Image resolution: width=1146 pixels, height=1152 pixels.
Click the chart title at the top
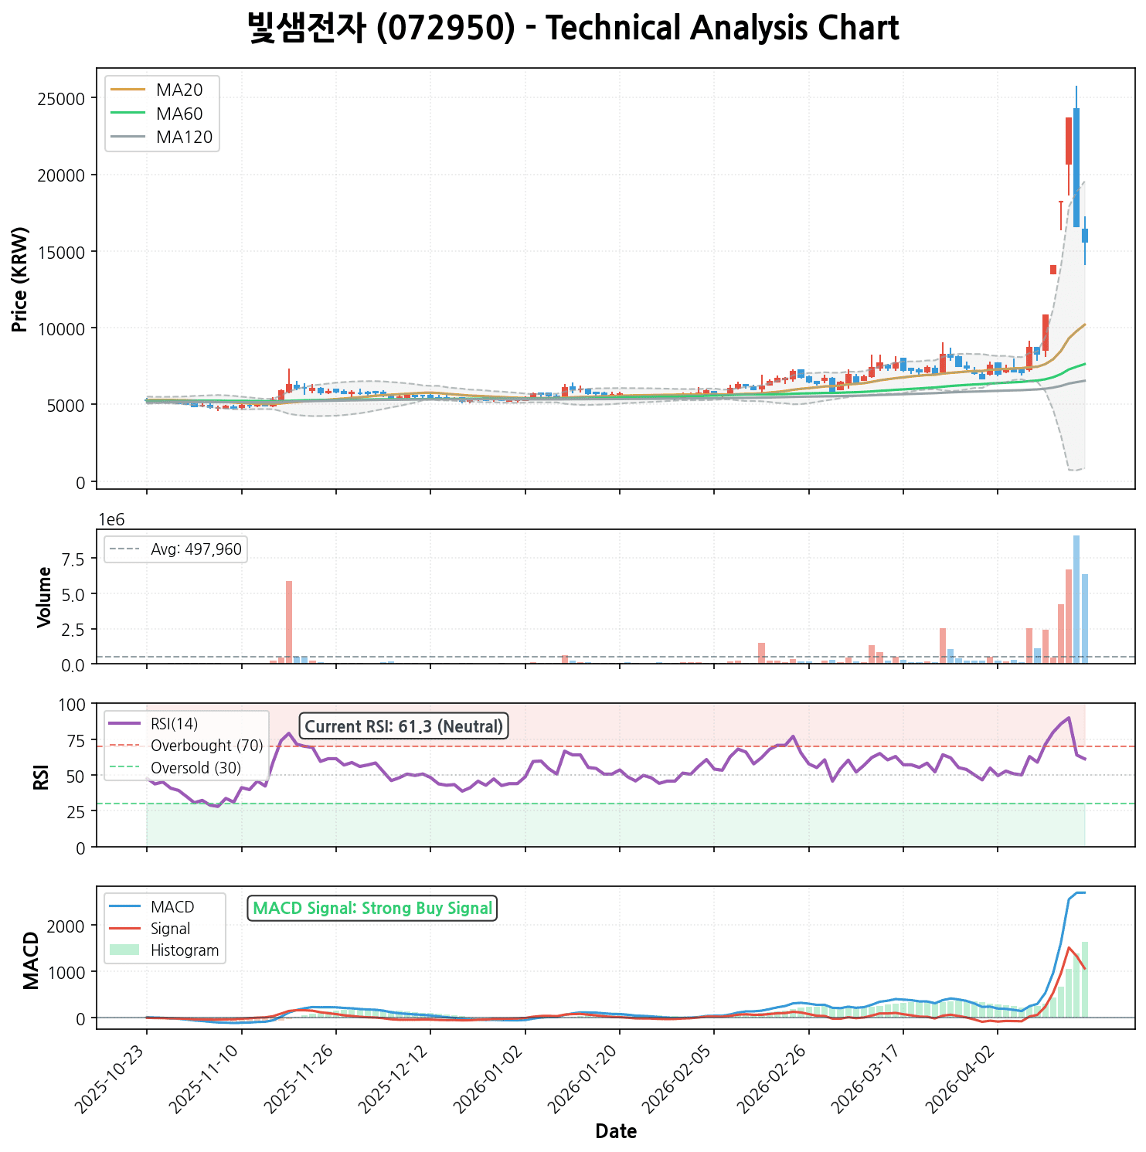tap(573, 29)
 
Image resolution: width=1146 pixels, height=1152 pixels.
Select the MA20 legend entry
tap(179, 90)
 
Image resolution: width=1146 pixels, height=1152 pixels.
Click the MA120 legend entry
tap(184, 138)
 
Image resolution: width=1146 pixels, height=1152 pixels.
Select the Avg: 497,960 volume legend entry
tap(196, 550)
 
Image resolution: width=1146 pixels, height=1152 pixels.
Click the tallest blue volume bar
tap(1076, 599)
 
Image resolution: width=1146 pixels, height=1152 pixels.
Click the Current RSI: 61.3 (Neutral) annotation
tap(403, 726)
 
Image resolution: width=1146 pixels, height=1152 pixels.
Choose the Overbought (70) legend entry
tap(206, 746)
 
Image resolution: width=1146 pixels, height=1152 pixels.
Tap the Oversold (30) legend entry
tap(196, 768)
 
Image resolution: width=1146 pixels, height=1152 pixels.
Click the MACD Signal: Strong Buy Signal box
tap(372, 909)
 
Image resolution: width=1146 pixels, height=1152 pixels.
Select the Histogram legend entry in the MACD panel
tap(185, 950)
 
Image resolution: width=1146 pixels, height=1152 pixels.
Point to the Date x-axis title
tap(616, 1132)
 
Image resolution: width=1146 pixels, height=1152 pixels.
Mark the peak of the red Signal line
tap(1069, 947)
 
